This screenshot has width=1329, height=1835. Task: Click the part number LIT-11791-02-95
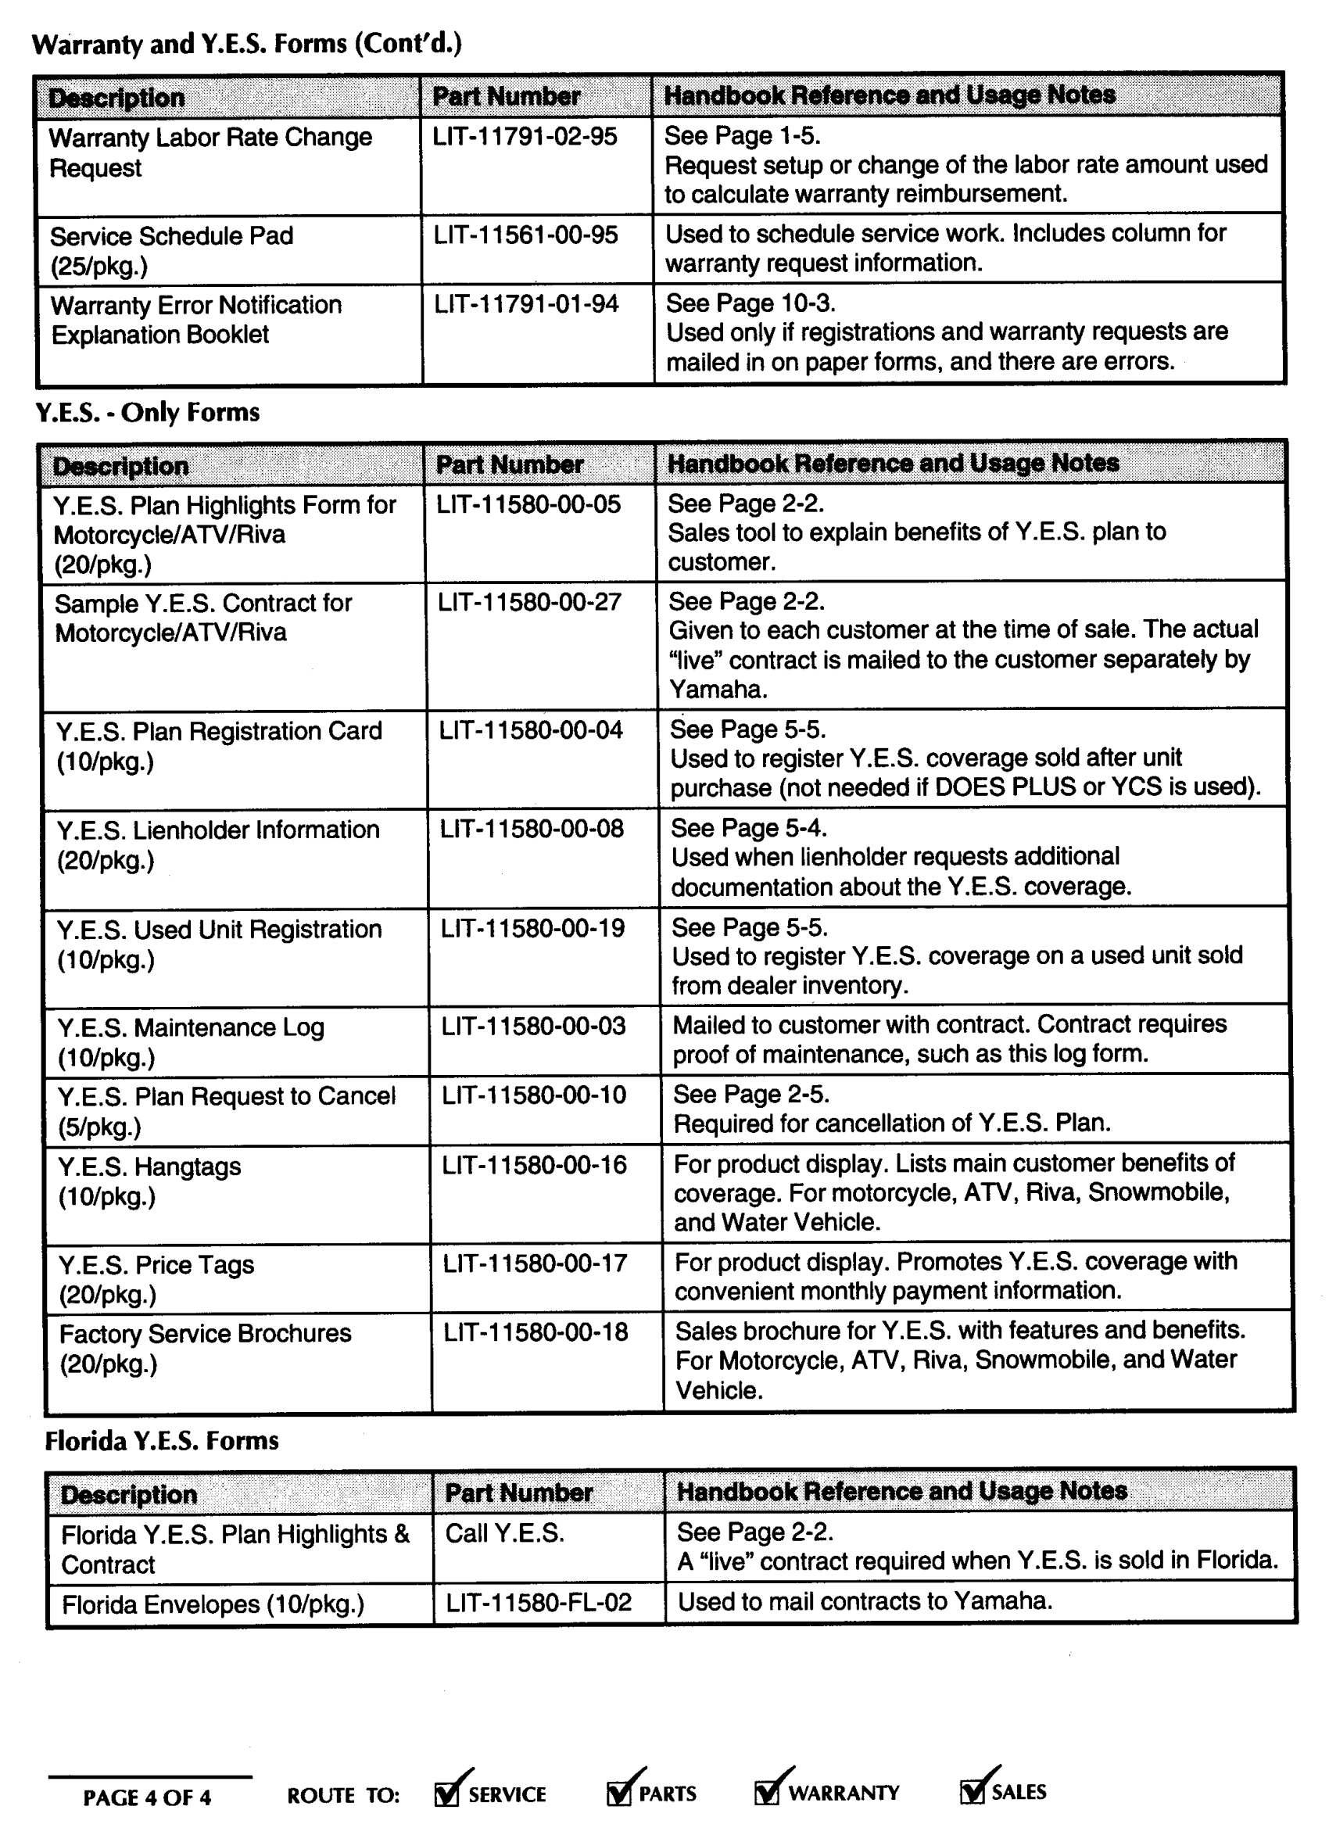click(524, 137)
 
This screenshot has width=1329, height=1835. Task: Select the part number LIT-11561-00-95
click(525, 235)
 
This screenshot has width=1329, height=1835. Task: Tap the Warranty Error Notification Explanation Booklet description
click(195, 320)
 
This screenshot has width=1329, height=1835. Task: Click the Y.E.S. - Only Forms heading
click(147, 413)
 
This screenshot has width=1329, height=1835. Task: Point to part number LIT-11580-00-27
click(529, 603)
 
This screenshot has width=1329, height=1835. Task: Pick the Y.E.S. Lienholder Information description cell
click(217, 844)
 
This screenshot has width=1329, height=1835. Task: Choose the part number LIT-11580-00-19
click(532, 929)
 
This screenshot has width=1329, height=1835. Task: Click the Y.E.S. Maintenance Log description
click(191, 1042)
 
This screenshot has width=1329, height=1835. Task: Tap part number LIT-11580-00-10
click(533, 1095)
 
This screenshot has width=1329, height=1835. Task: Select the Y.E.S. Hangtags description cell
click(149, 1181)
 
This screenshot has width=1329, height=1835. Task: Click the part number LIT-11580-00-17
click(534, 1263)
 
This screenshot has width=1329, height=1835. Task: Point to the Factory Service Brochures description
click(206, 1349)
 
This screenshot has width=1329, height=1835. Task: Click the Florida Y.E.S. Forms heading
click(162, 1441)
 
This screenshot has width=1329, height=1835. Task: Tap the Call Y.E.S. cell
click(505, 1533)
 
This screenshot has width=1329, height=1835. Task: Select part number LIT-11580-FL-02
click(539, 1603)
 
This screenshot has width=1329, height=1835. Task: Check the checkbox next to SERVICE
click(446, 1794)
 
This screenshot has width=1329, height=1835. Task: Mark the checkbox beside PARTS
click(618, 1793)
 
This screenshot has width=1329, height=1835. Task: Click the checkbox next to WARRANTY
click(766, 1792)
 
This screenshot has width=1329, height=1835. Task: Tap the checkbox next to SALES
click(972, 1791)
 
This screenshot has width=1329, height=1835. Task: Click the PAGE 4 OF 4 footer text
click(146, 1797)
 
